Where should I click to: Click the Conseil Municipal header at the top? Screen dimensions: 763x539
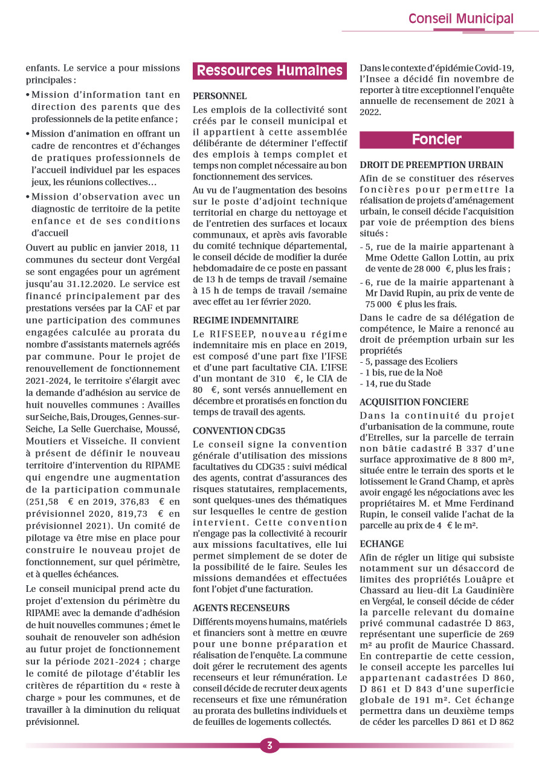(x=460, y=19)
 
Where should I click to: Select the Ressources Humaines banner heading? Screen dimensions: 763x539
(x=269, y=71)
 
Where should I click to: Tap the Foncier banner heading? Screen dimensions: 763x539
(x=436, y=140)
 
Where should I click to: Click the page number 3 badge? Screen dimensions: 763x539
(x=269, y=745)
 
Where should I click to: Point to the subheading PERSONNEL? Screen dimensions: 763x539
(x=220, y=96)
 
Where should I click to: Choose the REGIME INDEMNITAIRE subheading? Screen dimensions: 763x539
(x=245, y=320)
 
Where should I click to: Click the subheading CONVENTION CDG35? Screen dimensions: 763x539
(x=239, y=430)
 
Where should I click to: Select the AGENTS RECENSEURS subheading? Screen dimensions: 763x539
(x=241, y=608)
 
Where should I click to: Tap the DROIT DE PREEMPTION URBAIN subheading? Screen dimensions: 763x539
(x=431, y=164)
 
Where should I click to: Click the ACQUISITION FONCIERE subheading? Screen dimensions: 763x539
(x=413, y=402)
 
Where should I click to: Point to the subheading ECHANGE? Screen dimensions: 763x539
(x=381, y=544)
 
